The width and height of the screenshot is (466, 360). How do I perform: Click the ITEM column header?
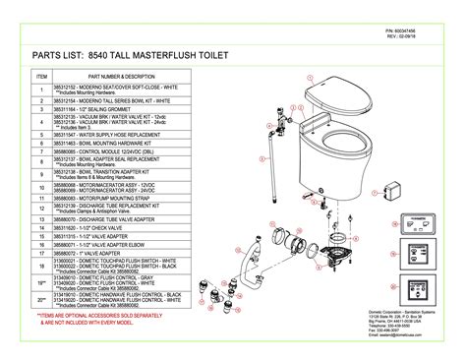41,76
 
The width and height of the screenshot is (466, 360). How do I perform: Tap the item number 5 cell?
41,134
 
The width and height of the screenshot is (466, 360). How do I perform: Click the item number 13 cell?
41,217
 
